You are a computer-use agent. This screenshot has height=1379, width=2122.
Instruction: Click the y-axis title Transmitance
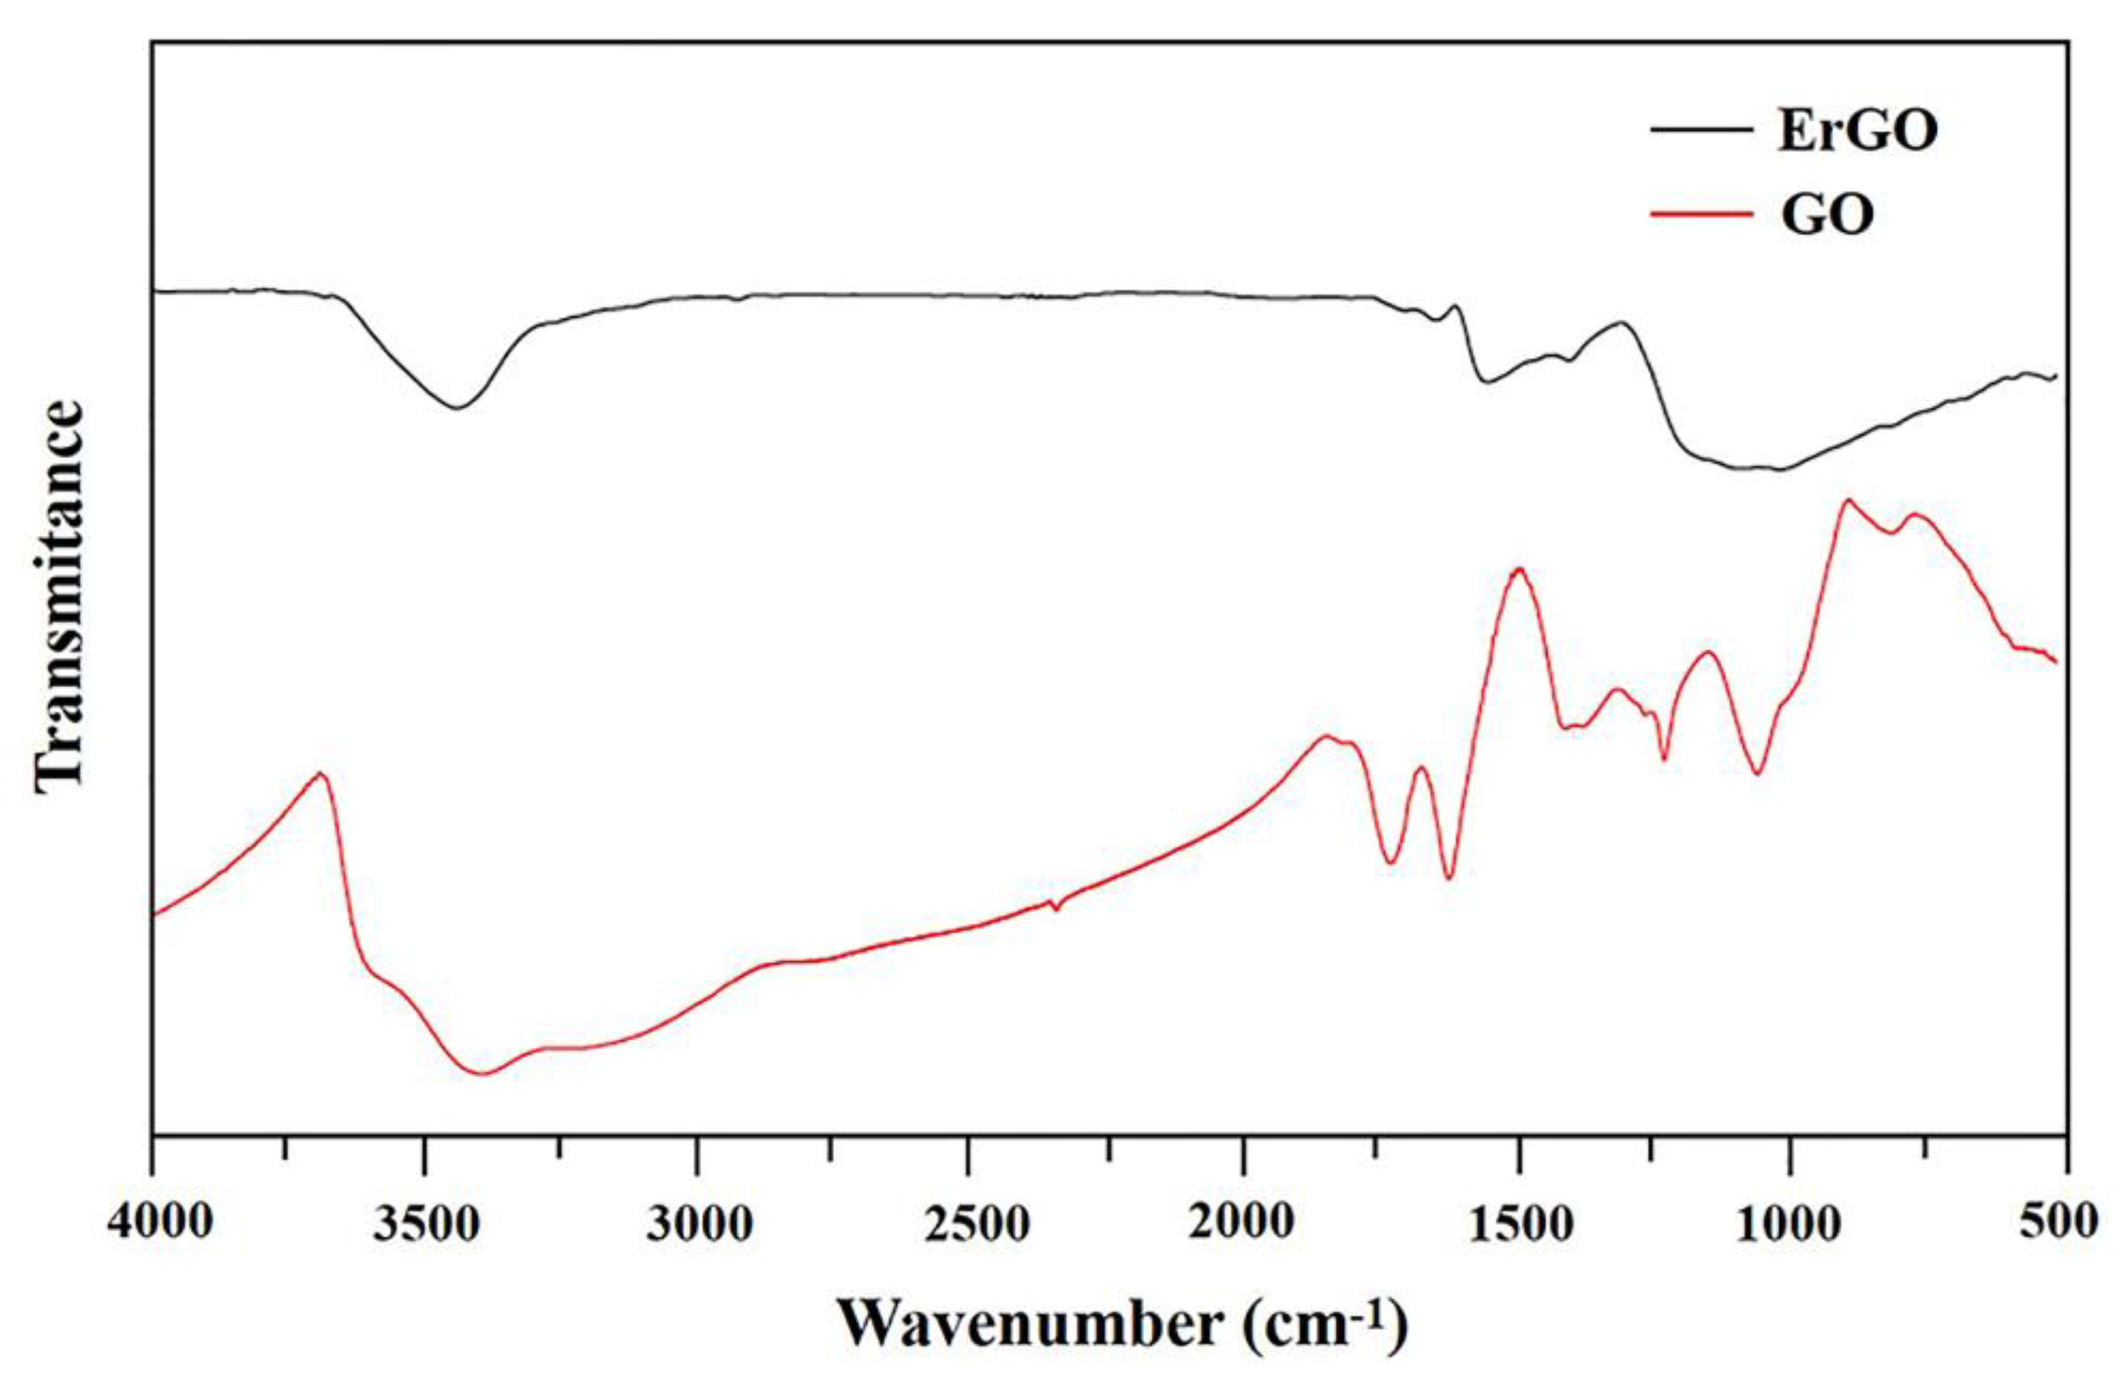tap(60, 595)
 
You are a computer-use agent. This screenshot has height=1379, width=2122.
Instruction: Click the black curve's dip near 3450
tap(457, 408)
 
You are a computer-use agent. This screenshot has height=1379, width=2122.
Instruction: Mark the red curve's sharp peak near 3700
tap(322, 774)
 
